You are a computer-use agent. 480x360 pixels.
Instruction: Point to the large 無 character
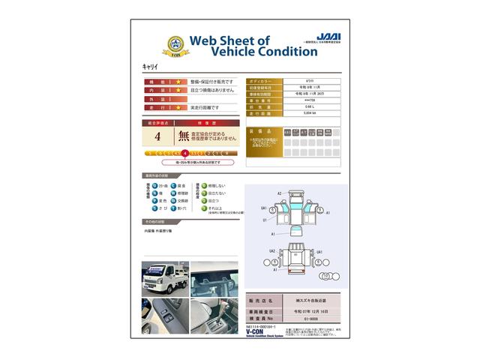[183, 136]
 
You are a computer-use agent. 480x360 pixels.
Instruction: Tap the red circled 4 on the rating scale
[184, 153]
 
